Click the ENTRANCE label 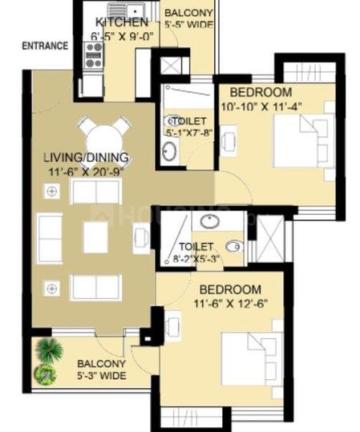(x=45, y=46)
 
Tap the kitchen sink (x=126, y=11)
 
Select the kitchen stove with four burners (x=94, y=55)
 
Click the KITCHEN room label (x=122, y=22)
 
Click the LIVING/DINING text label (x=87, y=157)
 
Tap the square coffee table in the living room (x=95, y=237)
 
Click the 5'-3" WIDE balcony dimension (x=102, y=376)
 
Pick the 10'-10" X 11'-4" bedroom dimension (x=261, y=106)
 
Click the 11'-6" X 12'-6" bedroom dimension (x=230, y=304)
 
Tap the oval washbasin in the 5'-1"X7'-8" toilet (x=168, y=151)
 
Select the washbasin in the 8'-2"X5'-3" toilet (x=210, y=221)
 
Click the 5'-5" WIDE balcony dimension (x=189, y=24)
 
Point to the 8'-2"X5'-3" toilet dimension (x=196, y=259)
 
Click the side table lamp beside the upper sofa (x=52, y=191)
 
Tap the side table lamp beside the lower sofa (x=52, y=289)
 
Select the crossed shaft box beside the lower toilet (x=270, y=239)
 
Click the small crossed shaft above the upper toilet (x=171, y=66)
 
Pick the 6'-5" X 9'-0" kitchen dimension (x=122, y=36)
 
